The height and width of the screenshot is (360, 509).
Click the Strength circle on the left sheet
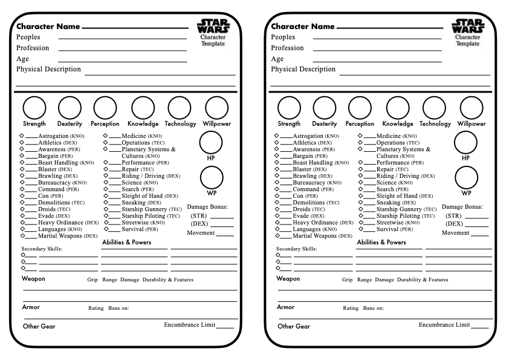(x=34, y=108)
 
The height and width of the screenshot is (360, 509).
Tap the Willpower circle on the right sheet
(x=472, y=108)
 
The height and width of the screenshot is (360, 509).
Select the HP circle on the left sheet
(x=211, y=143)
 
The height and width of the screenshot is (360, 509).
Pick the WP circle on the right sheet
(x=466, y=178)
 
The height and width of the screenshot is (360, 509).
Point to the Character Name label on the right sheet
(x=302, y=27)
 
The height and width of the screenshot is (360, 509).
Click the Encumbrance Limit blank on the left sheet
(x=225, y=327)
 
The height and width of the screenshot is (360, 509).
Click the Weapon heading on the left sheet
(x=33, y=279)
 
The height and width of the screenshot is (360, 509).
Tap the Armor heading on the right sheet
(x=286, y=307)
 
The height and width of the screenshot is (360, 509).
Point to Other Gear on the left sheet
(x=39, y=326)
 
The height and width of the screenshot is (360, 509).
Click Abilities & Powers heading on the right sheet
(x=381, y=242)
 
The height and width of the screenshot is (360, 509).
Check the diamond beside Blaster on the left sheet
(x=22, y=169)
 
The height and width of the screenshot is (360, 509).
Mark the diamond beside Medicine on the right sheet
(x=360, y=136)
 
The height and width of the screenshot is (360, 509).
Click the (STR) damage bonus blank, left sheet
(x=222, y=217)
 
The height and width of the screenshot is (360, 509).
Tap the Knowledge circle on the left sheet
(x=143, y=108)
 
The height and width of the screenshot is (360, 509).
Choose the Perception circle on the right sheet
(x=360, y=108)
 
